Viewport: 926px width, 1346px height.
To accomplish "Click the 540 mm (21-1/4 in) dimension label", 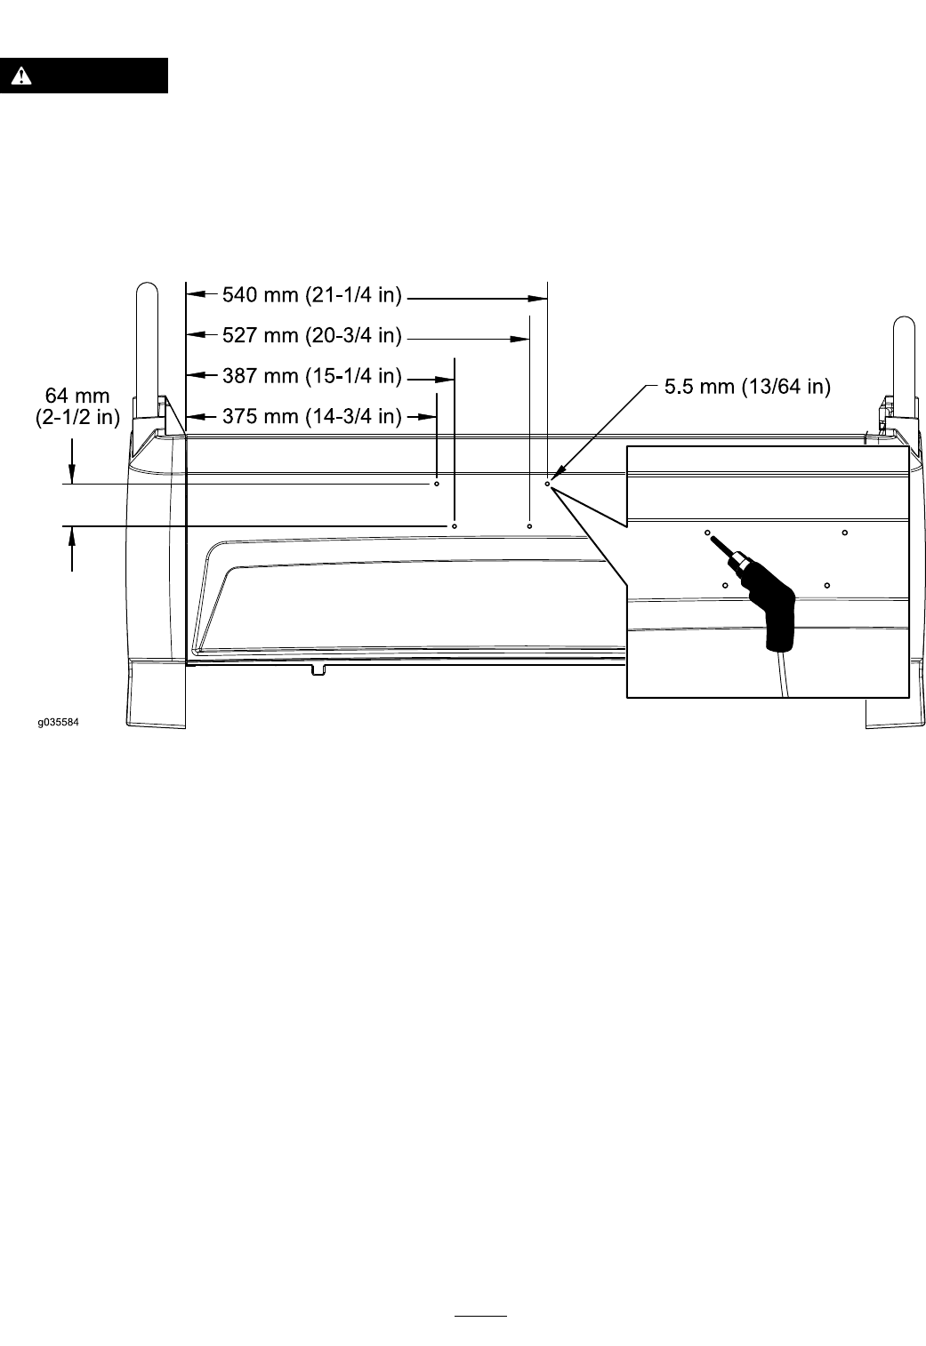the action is click(x=312, y=295).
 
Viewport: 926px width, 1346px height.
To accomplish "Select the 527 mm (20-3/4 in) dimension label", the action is click(x=312, y=335).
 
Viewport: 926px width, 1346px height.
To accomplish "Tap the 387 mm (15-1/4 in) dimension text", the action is click(x=312, y=376).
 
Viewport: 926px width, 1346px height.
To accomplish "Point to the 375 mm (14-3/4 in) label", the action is click(x=312, y=416).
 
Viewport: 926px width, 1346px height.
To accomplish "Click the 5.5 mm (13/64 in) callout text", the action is click(x=747, y=387).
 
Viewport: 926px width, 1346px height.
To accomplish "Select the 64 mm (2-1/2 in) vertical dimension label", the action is click(x=77, y=406).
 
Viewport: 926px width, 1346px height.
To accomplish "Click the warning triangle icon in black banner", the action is click(x=21, y=76).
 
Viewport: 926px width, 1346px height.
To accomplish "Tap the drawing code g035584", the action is click(x=59, y=722).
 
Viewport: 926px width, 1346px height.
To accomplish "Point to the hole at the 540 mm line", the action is click(x=547, y=484).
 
